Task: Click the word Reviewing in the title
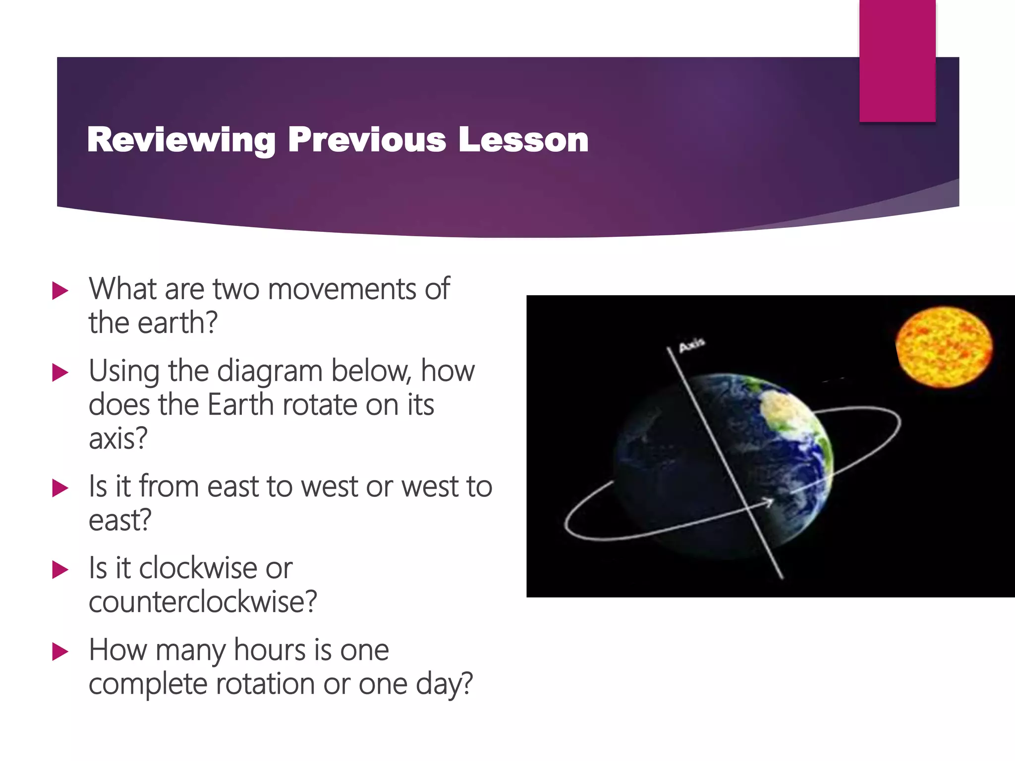tap(181, 140)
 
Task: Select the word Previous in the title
tap(367, 140)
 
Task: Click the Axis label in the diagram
tap(691, 345)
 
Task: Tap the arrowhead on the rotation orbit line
tap(768, 502)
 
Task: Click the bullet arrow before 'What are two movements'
tap(60, 291)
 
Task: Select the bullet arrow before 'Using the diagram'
tap(60, 373)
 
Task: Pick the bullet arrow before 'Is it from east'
tap(60, 489)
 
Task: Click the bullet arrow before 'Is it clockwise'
tap(60, 570)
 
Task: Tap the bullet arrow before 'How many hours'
tap(60, 652)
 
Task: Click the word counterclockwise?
tap(202, 602)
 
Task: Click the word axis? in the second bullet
tap(118, 438)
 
